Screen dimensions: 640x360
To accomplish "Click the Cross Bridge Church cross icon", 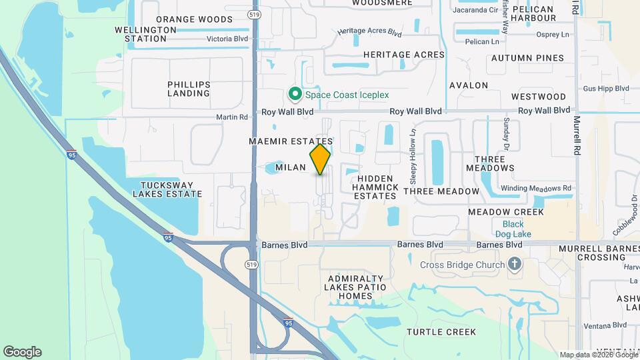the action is pos(514,265).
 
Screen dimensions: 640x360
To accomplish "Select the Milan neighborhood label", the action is pos(290,167).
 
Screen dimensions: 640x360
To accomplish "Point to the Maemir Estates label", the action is pos(290,142).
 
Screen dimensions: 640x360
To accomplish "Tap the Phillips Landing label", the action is pos(189,89).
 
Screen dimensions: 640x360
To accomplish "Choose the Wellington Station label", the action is pos(140,34).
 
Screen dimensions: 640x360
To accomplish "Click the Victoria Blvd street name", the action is pos(227,39).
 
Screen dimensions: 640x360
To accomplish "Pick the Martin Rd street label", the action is pos(232,117).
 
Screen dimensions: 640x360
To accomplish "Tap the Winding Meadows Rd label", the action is pos(536,188).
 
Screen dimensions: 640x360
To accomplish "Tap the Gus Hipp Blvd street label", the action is pos(606,88).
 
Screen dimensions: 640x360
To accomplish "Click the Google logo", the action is pos(22,351).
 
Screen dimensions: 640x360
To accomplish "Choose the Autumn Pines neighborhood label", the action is pos(527,58).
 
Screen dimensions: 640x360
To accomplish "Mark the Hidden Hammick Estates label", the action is pos(377,187).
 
